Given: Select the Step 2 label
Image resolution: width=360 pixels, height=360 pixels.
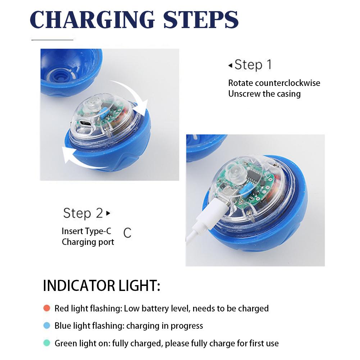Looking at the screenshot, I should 83,213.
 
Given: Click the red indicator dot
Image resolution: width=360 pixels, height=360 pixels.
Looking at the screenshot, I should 46,308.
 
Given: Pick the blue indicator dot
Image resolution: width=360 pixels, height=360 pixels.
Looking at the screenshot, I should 46,326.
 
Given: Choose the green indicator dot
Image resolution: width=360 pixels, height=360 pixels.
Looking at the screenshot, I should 46,343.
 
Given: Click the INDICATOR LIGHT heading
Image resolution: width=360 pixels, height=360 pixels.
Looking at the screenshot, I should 101,286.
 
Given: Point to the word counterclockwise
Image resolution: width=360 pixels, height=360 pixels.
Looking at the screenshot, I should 287,83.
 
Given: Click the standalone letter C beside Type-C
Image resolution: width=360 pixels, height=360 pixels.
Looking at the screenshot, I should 127,233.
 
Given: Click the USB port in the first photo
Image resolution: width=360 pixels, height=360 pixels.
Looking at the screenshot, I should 86,123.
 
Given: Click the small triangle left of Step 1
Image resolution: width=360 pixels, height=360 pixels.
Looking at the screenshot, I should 230,65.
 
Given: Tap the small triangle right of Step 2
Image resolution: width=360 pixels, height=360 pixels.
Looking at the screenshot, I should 108,213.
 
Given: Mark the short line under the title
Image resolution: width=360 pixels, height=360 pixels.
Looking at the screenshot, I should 52,40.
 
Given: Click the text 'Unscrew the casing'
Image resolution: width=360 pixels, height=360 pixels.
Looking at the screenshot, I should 264,94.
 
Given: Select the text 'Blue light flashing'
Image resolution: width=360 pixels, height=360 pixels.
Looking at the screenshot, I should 88,326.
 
